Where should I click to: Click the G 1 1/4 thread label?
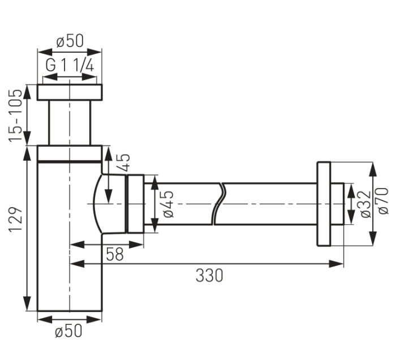(70, 66)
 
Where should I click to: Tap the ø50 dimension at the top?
(70, 41)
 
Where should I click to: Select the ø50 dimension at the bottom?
(68, 331)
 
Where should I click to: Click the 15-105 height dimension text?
(15, 115)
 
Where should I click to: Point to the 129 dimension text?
(16, 220)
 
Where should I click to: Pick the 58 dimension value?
(115, 254)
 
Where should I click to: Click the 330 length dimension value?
(209, 275)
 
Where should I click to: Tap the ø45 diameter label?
(169, 204)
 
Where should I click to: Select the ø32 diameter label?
(365, 204)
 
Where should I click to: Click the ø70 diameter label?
(384, 201)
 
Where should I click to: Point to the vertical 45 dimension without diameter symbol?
(124, 162)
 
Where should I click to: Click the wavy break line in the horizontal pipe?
(219, 204)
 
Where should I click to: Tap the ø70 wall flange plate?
(324, 204)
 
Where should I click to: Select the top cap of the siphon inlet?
(70, 92)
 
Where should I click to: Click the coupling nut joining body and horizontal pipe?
(135, 204)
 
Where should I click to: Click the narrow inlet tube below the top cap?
(70, 123)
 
